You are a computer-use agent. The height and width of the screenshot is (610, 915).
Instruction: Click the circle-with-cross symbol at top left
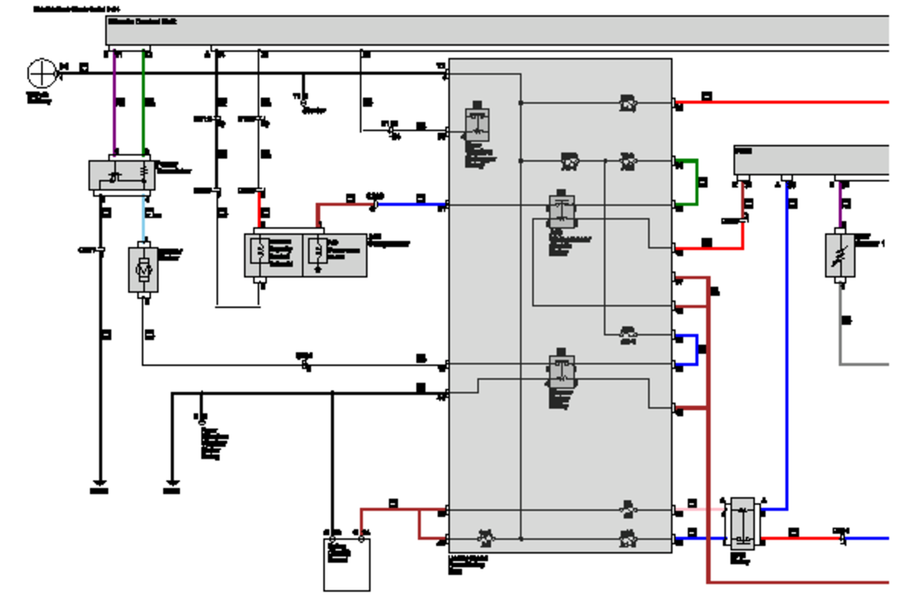41,73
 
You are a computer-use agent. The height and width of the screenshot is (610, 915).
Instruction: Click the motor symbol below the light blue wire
143,268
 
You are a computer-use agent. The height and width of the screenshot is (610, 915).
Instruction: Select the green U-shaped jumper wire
695,183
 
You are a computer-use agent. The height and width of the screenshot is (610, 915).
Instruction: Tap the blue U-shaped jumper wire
695,350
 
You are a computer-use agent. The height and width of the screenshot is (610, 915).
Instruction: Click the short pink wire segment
701,509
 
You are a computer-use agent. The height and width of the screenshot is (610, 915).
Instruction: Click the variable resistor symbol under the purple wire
840,255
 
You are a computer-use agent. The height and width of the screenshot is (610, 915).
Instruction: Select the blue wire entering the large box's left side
412,204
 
